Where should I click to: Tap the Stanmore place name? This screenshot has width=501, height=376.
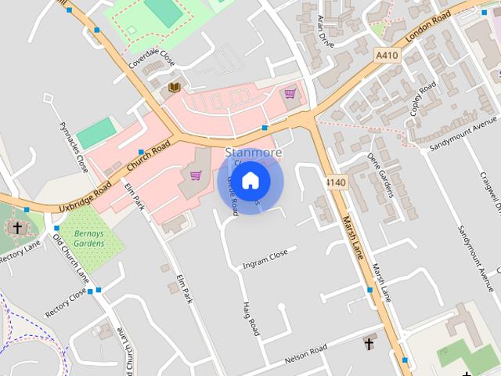[252, 151]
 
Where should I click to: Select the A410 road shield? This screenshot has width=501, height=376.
[386, 56]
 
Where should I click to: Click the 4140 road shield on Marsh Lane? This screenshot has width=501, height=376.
[335, 182]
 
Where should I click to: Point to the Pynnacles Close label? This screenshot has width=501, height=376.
[73, 146]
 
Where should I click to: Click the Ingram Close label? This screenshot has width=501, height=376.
[265, 256]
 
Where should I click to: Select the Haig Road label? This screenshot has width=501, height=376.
[250, 319]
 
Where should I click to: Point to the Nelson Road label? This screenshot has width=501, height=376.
[305, 349]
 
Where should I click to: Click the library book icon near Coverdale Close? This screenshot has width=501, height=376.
[175, 87]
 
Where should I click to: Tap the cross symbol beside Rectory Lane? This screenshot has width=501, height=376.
[17, 228]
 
